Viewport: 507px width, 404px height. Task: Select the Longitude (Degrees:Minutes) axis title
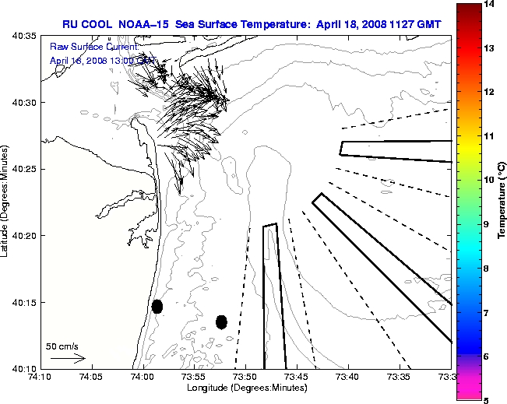tap(245, 388)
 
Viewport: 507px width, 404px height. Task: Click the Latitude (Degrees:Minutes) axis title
tap(5, 201)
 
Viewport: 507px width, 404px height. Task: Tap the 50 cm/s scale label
tap(62, 346)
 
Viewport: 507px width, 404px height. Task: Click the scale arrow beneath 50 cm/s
tap(67, 358)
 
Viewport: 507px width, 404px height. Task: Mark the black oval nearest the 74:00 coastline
tap(157, 306)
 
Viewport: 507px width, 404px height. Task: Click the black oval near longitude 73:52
tap(221, 321)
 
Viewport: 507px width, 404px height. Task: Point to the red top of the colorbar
tap(467, 8)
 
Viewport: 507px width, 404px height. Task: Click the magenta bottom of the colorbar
tap(467, 395)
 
